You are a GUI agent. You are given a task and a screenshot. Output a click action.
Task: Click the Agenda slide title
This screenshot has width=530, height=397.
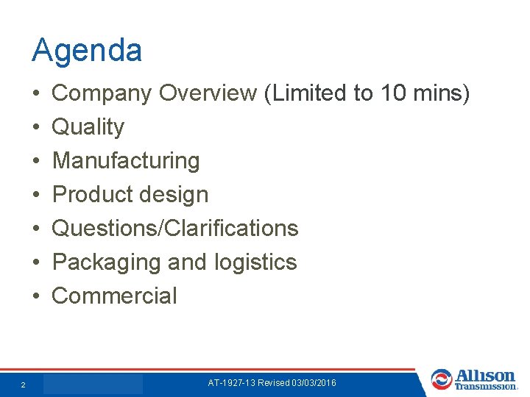(87, 51)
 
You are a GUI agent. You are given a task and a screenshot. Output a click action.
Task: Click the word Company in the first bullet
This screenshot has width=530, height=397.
(102, 93)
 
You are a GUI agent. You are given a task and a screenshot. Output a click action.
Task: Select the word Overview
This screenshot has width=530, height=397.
(208, 93)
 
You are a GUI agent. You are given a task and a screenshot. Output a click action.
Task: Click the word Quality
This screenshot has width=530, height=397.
(88, 127)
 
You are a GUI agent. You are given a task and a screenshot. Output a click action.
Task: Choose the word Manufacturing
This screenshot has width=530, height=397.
(126, 160)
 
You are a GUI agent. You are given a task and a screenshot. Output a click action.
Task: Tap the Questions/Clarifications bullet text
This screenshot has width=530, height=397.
(175, 228)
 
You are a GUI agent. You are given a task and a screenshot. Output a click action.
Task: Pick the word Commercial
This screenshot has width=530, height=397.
(115, 296)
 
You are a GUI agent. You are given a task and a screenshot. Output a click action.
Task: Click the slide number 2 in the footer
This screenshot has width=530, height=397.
(24, 385)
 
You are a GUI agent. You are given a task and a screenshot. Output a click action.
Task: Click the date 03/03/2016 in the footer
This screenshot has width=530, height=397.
(314, 383)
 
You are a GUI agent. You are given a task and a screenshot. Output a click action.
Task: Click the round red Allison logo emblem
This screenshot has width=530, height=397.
(442, 379)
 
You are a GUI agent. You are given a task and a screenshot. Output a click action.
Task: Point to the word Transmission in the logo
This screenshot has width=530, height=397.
(486, 386)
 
